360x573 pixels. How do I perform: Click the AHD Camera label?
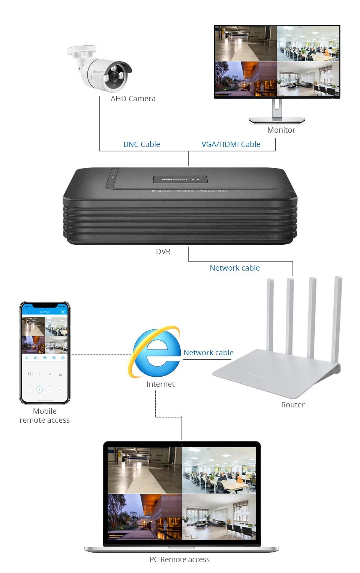[x=133, y=99]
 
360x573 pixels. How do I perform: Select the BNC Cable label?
[x=142, y=144]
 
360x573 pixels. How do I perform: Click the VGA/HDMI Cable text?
[x=231, y=144]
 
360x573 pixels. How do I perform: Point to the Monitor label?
[x=281, y=130]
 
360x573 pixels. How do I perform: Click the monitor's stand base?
[x=277, y=120]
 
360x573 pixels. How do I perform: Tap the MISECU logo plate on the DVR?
[x=180, y=179]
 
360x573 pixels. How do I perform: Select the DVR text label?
[x=163, y=251]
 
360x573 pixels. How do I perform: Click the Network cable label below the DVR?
[x=234, y=268]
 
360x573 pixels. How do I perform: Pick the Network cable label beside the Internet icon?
[x=208, y=353]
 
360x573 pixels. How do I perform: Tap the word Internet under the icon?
[x=160, y=384]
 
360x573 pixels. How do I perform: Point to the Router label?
[x=293, y=405]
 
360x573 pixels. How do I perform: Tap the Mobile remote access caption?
[x=45, y=416]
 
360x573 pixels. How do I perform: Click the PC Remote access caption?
[x=180, y=560]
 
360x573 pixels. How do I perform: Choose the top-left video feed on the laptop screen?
[x=144, y=470]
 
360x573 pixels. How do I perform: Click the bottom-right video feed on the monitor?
[x=308, y=79]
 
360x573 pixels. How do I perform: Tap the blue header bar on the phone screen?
[x=45, y=312]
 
